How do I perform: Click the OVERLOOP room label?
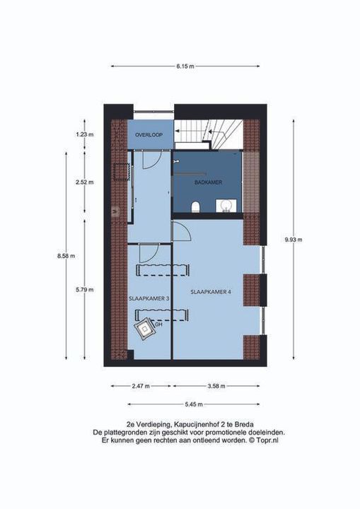149,134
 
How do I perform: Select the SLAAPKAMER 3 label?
149,298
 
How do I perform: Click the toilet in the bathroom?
196,206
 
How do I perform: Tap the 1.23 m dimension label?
85,134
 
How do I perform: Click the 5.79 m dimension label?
85,289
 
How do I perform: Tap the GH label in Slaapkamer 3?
159,324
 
